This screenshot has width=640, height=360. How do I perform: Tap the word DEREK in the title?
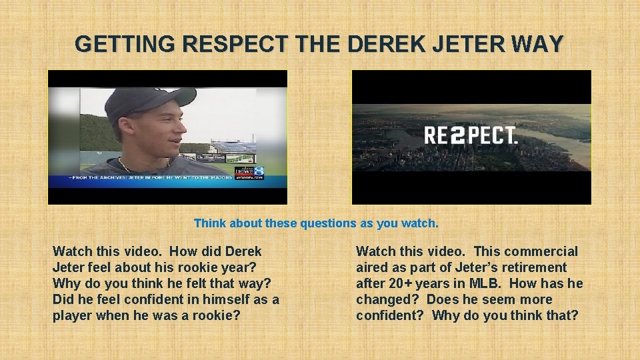coord(380,45)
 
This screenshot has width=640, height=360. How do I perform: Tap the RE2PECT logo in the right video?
coord(471,136)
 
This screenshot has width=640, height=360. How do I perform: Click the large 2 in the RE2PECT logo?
coord(457,136)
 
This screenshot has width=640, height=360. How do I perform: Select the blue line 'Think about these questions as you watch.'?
coord(316,223)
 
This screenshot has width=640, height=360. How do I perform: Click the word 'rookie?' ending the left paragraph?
coord(215,315)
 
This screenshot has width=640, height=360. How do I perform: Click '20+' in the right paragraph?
coord(403,283)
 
